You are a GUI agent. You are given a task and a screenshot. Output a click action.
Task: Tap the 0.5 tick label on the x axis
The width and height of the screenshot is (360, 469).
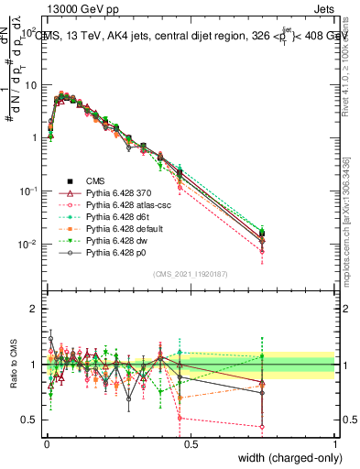click(x=191, y=443)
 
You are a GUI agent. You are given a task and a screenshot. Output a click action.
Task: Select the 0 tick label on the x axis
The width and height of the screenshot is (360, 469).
click(x=46, y=443)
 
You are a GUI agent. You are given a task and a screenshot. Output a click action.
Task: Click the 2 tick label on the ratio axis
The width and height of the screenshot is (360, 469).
click(x=32, y=309)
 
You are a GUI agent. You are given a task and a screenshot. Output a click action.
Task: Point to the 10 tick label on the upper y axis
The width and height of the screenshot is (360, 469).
click(x=28, y=85)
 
